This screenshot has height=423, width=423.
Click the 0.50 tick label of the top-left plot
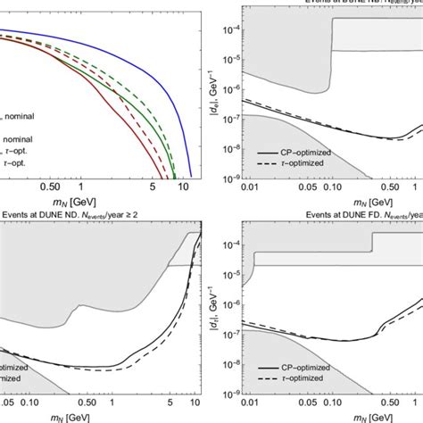[53, 189]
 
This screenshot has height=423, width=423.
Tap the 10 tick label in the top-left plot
[183, 189]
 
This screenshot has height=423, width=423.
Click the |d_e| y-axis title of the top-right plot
[207, 101]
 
